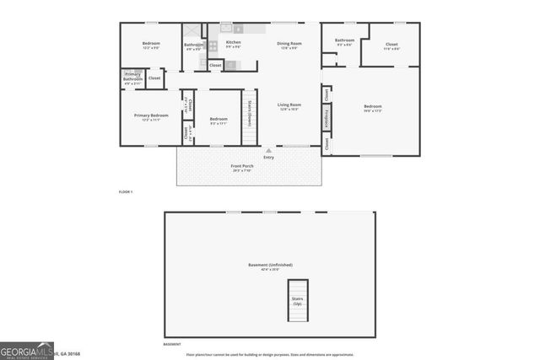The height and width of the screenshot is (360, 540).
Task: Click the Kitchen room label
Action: [x=234, y=44]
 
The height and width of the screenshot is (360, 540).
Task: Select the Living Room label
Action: [x=289, y=106]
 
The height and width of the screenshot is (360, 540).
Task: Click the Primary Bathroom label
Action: [x=132, y=78]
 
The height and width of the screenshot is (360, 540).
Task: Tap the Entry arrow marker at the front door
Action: [x=268, y=150]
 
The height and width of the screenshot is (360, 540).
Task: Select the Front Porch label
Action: [x=242, y=167]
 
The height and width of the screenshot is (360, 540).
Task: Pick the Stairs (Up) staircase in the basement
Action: [x=298, y=300]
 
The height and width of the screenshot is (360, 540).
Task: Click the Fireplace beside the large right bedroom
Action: [x=327, y=119]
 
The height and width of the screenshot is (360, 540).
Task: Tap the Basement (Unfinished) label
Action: [x=270, y=267]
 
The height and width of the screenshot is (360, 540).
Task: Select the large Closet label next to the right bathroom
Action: [x=391, y=46]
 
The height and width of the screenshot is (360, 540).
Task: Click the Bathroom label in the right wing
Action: [x=344, y=41]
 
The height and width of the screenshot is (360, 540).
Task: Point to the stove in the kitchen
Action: [x=213, y=46]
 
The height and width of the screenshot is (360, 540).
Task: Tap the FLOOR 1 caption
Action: [x=125, y=192]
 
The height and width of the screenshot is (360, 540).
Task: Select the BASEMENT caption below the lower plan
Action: [x=172, y=344]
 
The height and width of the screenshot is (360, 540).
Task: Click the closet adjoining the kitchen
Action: [x=215, y=65]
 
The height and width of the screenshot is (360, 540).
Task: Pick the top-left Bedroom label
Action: [x=151, y=44]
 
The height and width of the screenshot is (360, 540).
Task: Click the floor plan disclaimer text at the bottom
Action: [x=270, y=354]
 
